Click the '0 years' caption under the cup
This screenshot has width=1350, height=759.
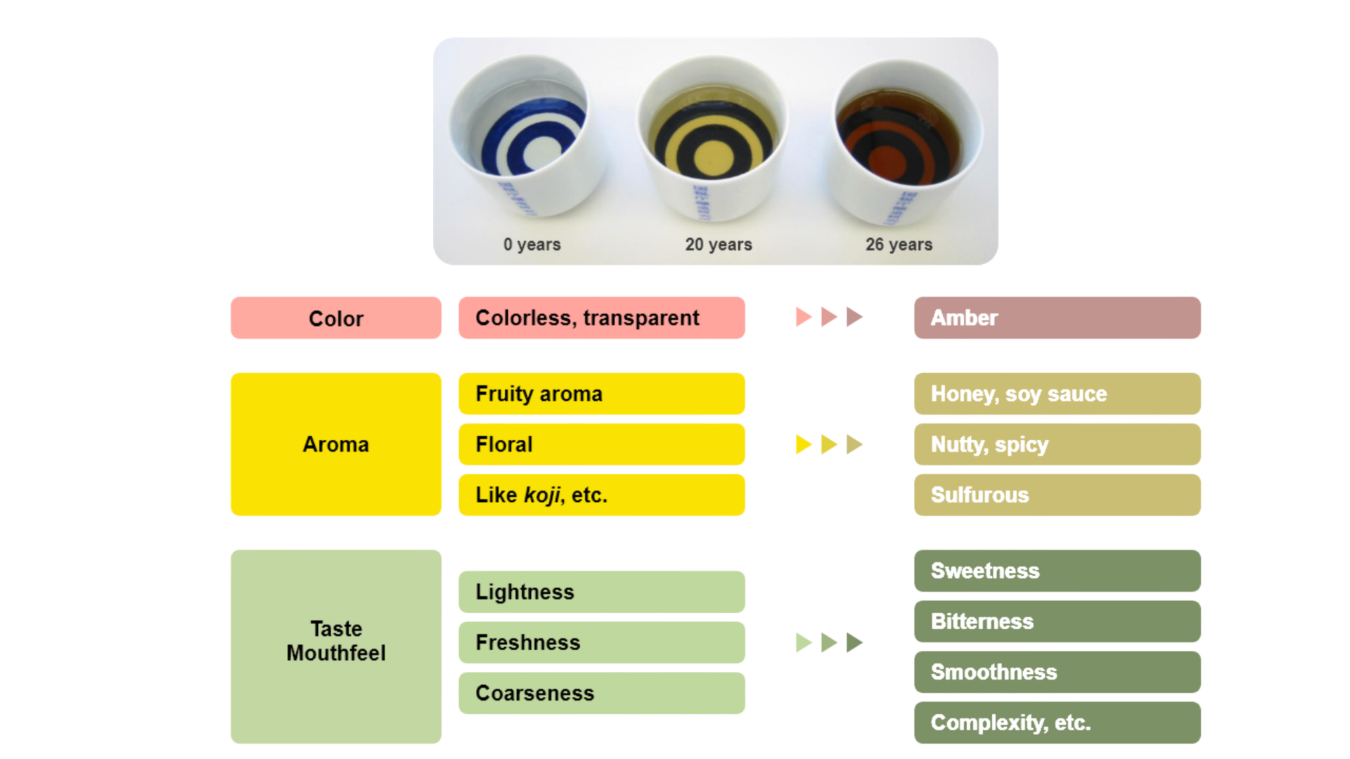click(532, 245)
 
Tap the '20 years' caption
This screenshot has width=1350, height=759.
click(718, 245)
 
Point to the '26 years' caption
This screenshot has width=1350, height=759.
click(899, 245)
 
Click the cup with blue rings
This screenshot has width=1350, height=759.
click(525, 137)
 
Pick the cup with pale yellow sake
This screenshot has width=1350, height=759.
click(712, 137)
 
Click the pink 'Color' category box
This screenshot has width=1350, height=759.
click(336, 318)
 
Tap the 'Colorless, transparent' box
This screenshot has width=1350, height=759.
click(601, 318)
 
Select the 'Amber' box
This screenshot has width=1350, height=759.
click(1057, 318)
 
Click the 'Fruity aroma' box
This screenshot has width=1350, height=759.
click(601, 394)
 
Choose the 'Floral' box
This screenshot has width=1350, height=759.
click(601, 444)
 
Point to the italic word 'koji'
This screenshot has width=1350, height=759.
click(542, 495)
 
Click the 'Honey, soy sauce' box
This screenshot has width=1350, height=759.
click(1057, 394)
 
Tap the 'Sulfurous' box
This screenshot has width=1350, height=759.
click(1057, 495)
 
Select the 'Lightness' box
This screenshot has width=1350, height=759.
click(601, 592)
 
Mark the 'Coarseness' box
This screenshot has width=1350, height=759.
click(601, 693)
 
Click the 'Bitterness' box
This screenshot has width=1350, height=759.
click(1057, 621)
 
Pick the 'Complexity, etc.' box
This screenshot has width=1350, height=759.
click(1057, 722)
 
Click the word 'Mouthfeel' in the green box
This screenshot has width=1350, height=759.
click(336, 653)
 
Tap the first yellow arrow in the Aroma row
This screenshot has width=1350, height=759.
click(804, 444)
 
